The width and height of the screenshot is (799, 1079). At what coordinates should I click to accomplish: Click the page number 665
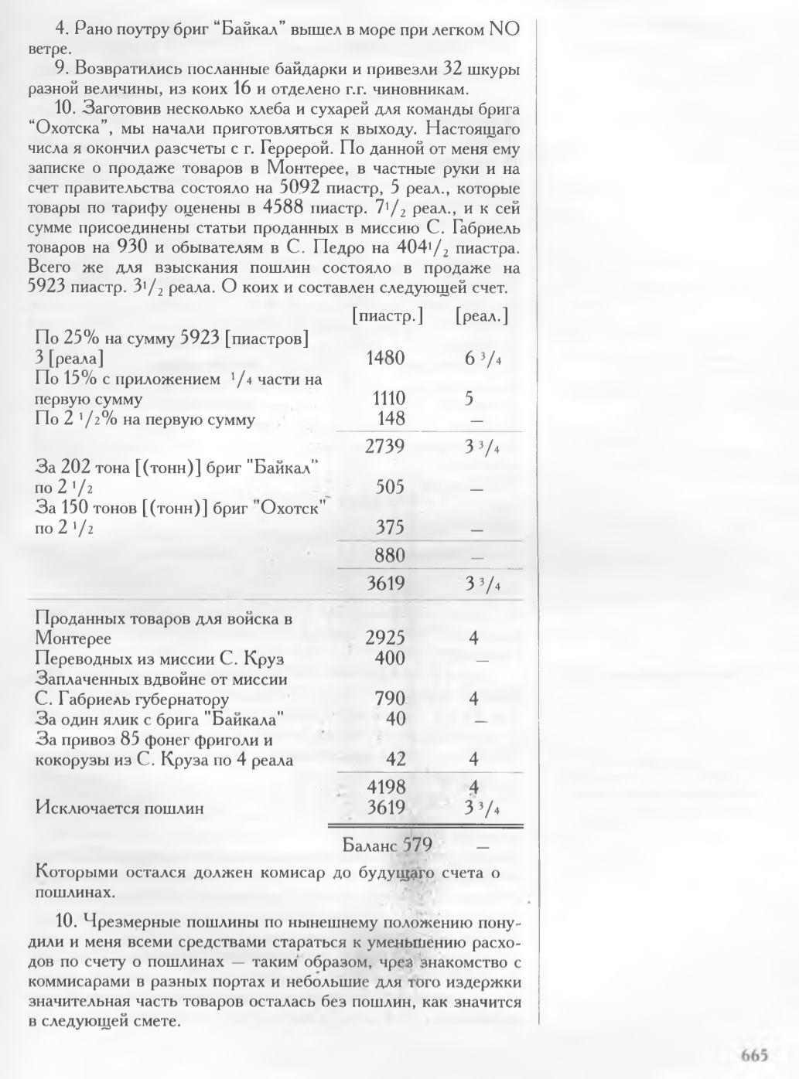coord(753,1054)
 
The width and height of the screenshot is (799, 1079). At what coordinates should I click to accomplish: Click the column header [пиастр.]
coord(387,316)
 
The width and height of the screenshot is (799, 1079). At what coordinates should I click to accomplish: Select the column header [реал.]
coord(482,316)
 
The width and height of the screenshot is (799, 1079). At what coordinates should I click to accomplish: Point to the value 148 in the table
coord(391,419)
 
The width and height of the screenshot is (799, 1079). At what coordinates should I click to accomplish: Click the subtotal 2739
coord(385,446)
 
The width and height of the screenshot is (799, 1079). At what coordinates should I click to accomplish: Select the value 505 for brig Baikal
coord(390,487)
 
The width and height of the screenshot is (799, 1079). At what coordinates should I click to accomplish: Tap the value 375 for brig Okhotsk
coord(390,529)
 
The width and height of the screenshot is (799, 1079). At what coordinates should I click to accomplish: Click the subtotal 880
coord(390,555)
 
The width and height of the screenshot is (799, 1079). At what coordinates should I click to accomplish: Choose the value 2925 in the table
coord(385,638)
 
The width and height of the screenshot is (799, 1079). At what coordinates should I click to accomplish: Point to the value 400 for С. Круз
coord(390,659)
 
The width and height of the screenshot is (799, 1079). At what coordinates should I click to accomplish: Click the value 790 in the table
coord(390,699)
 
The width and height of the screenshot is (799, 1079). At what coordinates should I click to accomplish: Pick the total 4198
coord(385,788)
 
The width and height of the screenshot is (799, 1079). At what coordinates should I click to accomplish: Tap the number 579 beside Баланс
coord(416,844)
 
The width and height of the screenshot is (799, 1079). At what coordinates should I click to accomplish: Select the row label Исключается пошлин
coord(120,808)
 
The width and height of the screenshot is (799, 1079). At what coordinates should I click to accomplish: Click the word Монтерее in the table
coord(73,639)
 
